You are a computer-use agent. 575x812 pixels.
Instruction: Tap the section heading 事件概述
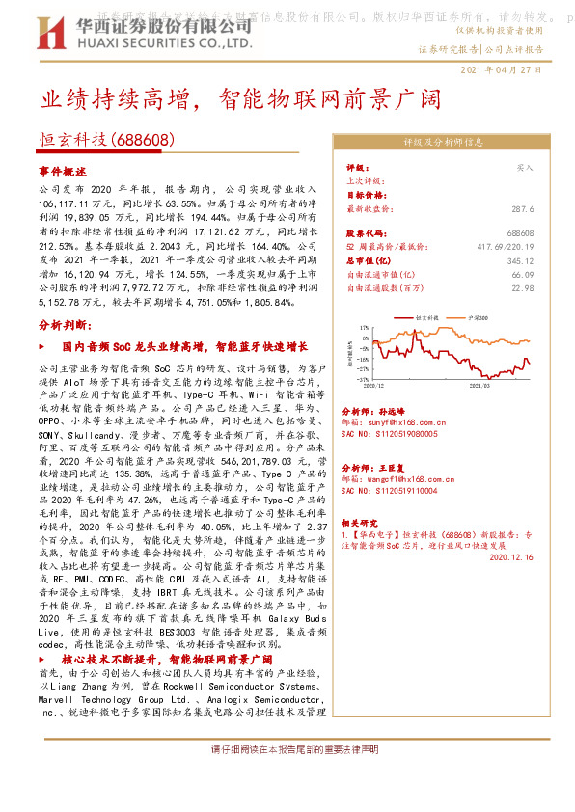pyautogui.click(x=63, y=170)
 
